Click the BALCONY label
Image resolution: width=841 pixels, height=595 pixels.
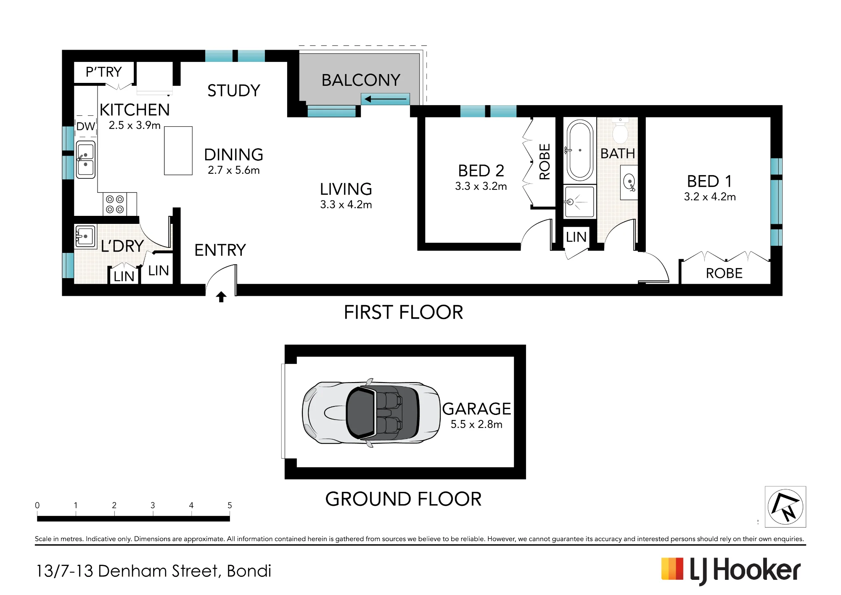(361, 80)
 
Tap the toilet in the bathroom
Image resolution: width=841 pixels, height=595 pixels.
(620, 131)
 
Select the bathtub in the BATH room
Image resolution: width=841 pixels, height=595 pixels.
(580, 150)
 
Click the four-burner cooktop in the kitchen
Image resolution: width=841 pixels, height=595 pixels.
(115, 204)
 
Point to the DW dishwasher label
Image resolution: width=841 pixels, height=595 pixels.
(86, 126)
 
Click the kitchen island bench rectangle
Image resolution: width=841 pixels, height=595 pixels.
(178, 151)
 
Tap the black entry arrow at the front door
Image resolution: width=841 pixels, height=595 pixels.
(221, 297)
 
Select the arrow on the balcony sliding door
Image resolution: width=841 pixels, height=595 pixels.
(385, 99)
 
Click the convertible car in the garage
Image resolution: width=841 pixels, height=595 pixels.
(371, 412)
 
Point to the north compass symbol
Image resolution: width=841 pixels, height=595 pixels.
(785, 507)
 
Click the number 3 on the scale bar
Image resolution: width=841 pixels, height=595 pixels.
(153, 505)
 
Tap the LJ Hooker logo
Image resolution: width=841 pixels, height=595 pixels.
(731, 571)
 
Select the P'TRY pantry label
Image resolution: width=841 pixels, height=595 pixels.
(104, 72)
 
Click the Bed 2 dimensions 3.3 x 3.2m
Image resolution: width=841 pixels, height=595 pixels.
(481, 186)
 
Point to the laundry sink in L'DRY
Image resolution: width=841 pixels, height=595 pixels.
(85, 236)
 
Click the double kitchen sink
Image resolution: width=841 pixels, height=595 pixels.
(85, 160)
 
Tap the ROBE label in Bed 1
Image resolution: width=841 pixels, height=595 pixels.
(724, 274)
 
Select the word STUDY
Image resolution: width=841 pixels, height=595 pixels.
(234, 90)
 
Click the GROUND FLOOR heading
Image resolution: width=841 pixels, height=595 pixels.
(403, 499)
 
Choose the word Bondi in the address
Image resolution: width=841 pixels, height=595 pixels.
(249, 571)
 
